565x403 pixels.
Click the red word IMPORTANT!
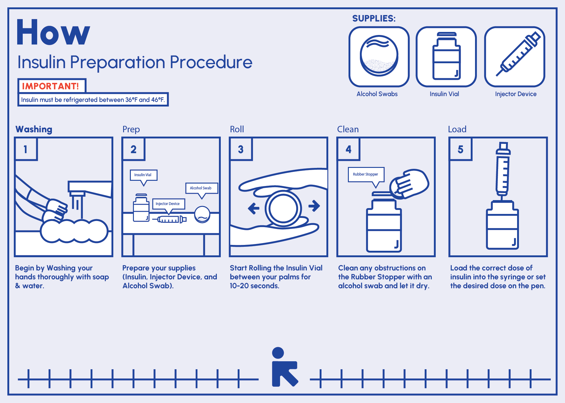(51, 86)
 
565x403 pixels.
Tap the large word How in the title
(53, 32)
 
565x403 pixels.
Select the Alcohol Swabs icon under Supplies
(379, 57)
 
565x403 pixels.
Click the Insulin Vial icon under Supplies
(446, 57)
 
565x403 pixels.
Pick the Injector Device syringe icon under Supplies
(515, 57)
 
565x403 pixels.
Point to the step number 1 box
(26, 149)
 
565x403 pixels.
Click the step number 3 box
(241, 149)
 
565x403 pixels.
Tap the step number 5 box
(461, 149)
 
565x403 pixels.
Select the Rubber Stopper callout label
(366, 175)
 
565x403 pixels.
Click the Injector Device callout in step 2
(168, 204)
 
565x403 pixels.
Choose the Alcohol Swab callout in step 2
(201, 189)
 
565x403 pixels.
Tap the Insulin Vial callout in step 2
(143, 176)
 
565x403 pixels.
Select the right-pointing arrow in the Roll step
(314, 206)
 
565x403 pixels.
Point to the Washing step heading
(34, 130)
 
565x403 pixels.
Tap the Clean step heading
(348, 129)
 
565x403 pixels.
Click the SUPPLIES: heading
(374, 18)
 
